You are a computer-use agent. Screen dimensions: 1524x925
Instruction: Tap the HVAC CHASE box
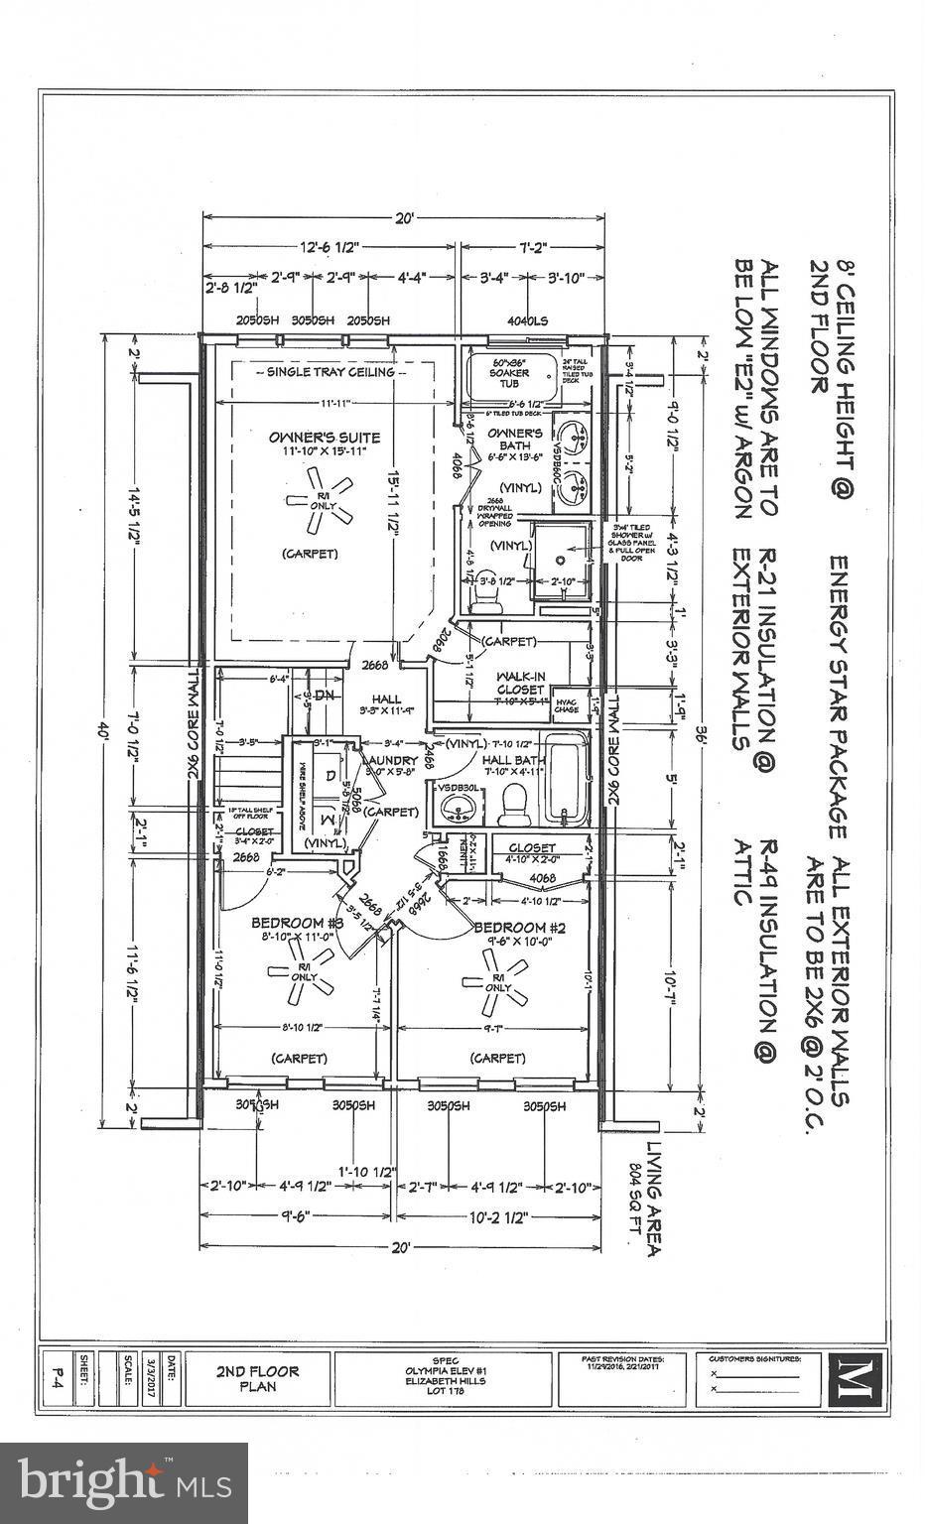[x=568, y=703]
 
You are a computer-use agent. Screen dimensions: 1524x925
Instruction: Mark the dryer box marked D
[x=330, y=772]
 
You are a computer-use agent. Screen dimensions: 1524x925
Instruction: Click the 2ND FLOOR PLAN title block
[x=257, y=1377]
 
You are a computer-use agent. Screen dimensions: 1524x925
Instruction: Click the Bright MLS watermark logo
[x=125, y=1482]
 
